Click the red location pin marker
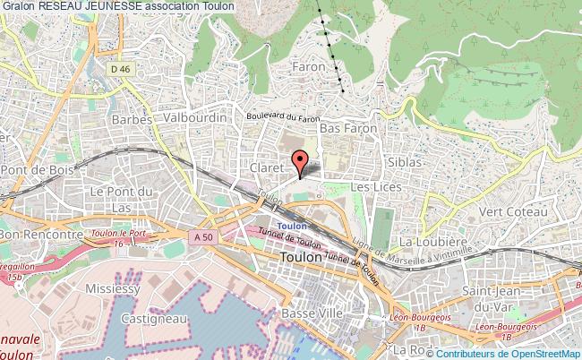[301, 162]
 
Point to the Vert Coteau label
[513, 211]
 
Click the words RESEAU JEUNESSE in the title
[91, 6]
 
